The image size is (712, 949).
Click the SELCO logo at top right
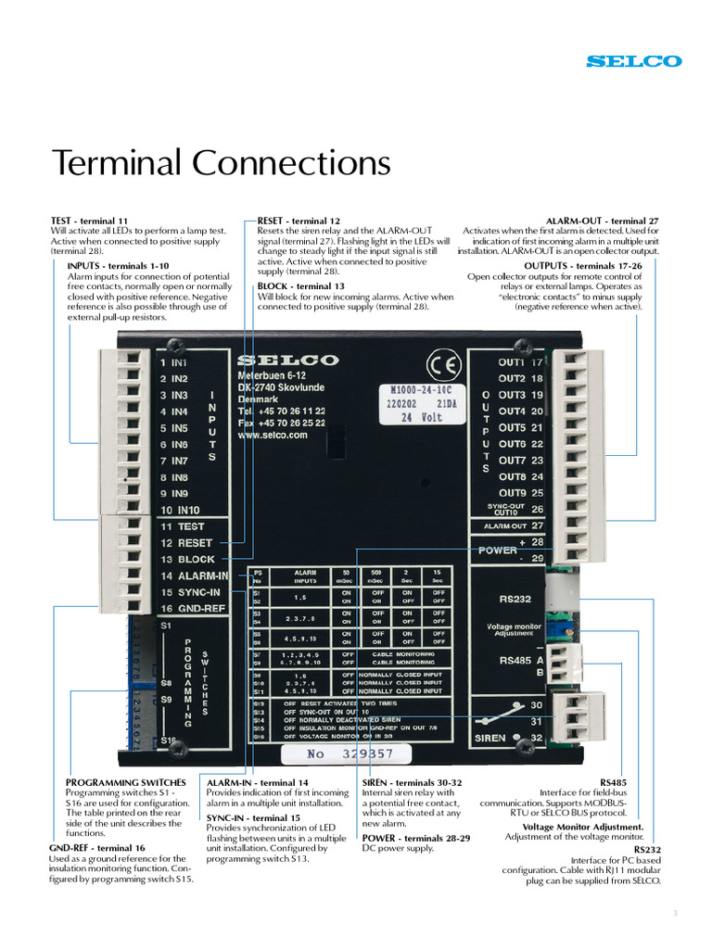click(634, 61)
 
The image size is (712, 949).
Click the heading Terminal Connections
click(222, 163)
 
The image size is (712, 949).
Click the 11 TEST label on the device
click(183, 526)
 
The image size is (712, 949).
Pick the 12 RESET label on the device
click(186, 543)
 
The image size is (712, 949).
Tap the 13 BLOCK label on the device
click(187, 560)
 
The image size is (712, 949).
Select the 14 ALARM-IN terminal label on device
click(195, 576)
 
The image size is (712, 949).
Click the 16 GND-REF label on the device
click(193, 609)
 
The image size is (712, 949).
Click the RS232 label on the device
click(515, 599)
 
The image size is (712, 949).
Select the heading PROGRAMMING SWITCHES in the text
click(125, 783)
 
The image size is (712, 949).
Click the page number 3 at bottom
click(675, 914)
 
